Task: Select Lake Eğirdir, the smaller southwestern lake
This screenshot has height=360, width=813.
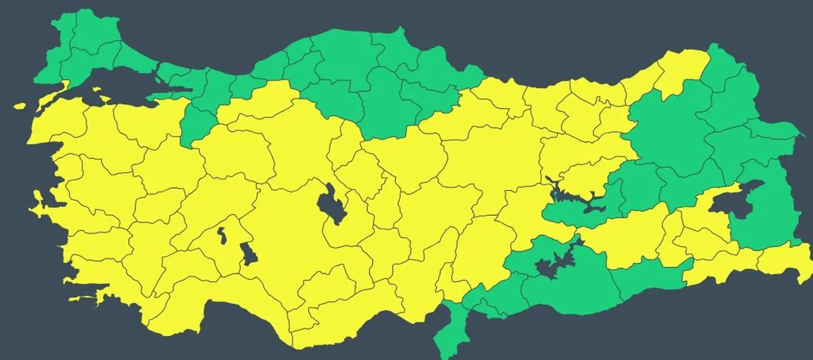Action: [x=222, y=236]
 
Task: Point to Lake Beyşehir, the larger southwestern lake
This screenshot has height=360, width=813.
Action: [x=248, y=253]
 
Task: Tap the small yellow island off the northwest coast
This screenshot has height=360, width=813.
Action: [x=19, y=105]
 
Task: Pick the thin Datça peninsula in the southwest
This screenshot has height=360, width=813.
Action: [x=86, y=298]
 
